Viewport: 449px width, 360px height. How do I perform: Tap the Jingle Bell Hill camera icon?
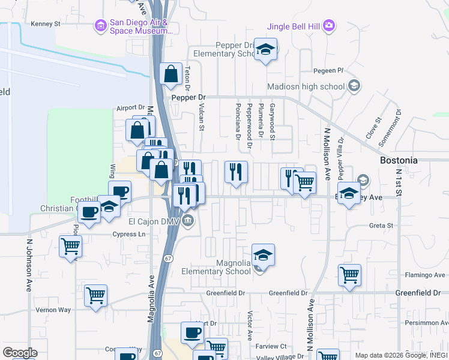tap(329, 25)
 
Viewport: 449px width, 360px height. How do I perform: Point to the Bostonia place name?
tap(399, 161)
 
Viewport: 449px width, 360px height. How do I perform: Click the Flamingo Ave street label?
tap(424, 275)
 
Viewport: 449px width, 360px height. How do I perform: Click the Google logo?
tap(20, 353)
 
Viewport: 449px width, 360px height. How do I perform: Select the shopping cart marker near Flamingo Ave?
tap(349, 276)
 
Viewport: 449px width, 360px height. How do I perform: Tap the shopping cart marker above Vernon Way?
tap(95, 296)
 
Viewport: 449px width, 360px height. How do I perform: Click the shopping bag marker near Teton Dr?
tap(171, 74)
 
